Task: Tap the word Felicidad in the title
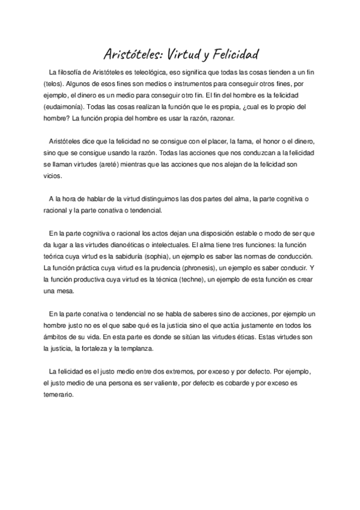(235, 56)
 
